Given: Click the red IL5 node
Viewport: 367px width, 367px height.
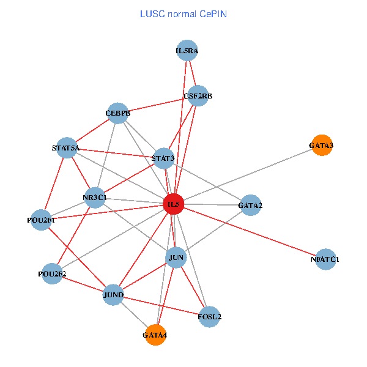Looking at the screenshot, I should [174, 204].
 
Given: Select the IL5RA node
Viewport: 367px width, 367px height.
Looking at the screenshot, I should [187, 51].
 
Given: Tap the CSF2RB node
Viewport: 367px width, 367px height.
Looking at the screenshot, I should [198, 96].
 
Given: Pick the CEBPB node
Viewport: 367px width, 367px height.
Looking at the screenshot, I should [117, 113].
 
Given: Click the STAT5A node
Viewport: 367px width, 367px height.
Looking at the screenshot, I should [66, 148].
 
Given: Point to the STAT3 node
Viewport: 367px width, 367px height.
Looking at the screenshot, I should [163, 159].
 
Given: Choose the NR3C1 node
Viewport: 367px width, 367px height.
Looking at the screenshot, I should [95, 198].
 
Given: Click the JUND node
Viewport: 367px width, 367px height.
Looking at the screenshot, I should [114, 295].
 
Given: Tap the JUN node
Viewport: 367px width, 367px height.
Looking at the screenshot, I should [176, 258].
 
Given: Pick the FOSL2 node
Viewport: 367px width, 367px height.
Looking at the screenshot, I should [209, 317].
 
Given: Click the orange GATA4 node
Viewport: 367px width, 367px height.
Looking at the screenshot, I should [155, 335].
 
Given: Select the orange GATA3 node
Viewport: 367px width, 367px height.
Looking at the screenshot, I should [321, 146].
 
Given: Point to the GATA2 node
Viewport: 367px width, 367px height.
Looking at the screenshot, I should [250, 206].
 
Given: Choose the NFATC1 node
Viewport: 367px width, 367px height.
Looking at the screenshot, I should [325, 259].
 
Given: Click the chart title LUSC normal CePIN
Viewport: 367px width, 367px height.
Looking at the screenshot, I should [183, 13].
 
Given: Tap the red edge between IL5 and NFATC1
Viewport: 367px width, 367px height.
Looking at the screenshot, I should [251, 232].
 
